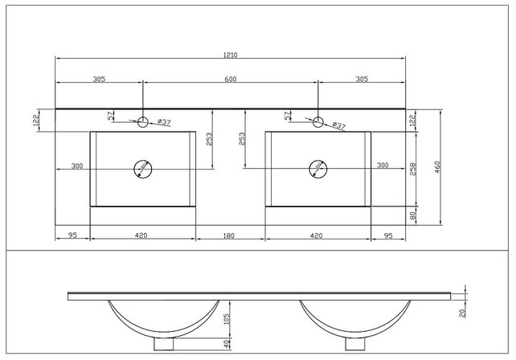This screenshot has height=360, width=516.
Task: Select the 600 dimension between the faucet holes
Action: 231,80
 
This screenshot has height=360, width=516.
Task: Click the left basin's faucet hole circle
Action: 143,122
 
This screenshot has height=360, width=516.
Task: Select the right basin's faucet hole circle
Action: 318,122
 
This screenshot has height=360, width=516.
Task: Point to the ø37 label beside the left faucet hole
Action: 162,122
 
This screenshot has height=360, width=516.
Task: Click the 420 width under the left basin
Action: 141,235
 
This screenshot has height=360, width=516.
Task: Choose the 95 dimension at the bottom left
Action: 72,235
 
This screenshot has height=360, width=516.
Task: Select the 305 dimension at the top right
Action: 361,80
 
